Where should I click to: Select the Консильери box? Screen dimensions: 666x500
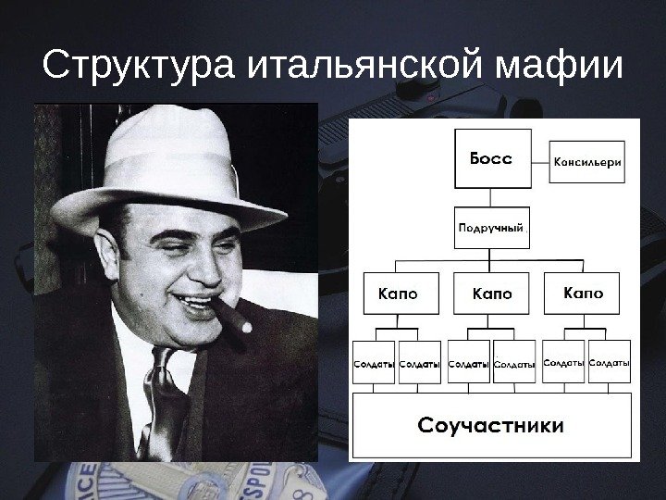pyautogui.click(x=587, y=162)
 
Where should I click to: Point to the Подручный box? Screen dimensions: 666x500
pyautogui.click(x=492, y=227)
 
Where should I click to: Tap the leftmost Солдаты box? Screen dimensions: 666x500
pyautogui.click(x=375, y=365)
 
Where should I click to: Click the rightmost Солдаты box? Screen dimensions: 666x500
pyautogui.click(x=610, y=364)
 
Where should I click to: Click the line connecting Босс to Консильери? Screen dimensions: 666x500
pyautogui.click(x=539, y=161)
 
